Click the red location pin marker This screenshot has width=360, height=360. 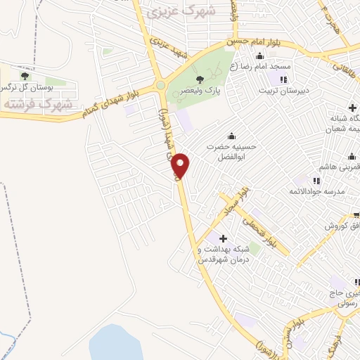coord(181,166)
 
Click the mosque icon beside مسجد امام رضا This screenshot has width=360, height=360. coord(260,57)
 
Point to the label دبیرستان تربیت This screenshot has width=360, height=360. coord(284,91)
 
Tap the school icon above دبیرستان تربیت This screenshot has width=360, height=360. coord(283,79)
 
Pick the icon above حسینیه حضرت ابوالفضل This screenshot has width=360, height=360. coord(231,136)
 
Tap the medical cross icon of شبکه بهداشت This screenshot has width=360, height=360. coord(224,238)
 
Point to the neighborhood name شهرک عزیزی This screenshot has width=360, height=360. coord(185,12)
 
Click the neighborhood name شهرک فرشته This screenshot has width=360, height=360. coord(38,103)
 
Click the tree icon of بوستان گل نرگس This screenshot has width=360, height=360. coord(25,76)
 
